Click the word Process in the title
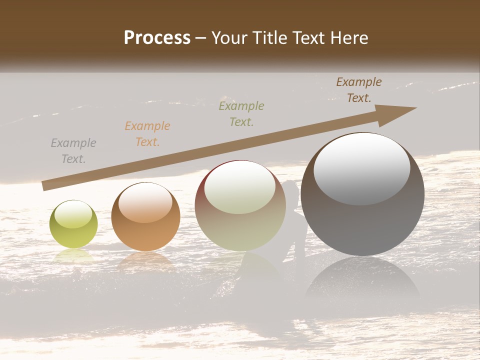tap(157, 38)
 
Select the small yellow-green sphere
tap(73, 224)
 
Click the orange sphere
tap(145, 217)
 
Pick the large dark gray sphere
tap(362, 194)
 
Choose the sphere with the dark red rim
tap(240, 205)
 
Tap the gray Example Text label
tap(73, 151)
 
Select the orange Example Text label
tap(147, 134)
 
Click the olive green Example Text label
tap(241, 114)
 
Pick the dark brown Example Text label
tap(358, 90)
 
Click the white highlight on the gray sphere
tap(362, 167)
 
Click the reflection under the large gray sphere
tap(362, 280)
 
